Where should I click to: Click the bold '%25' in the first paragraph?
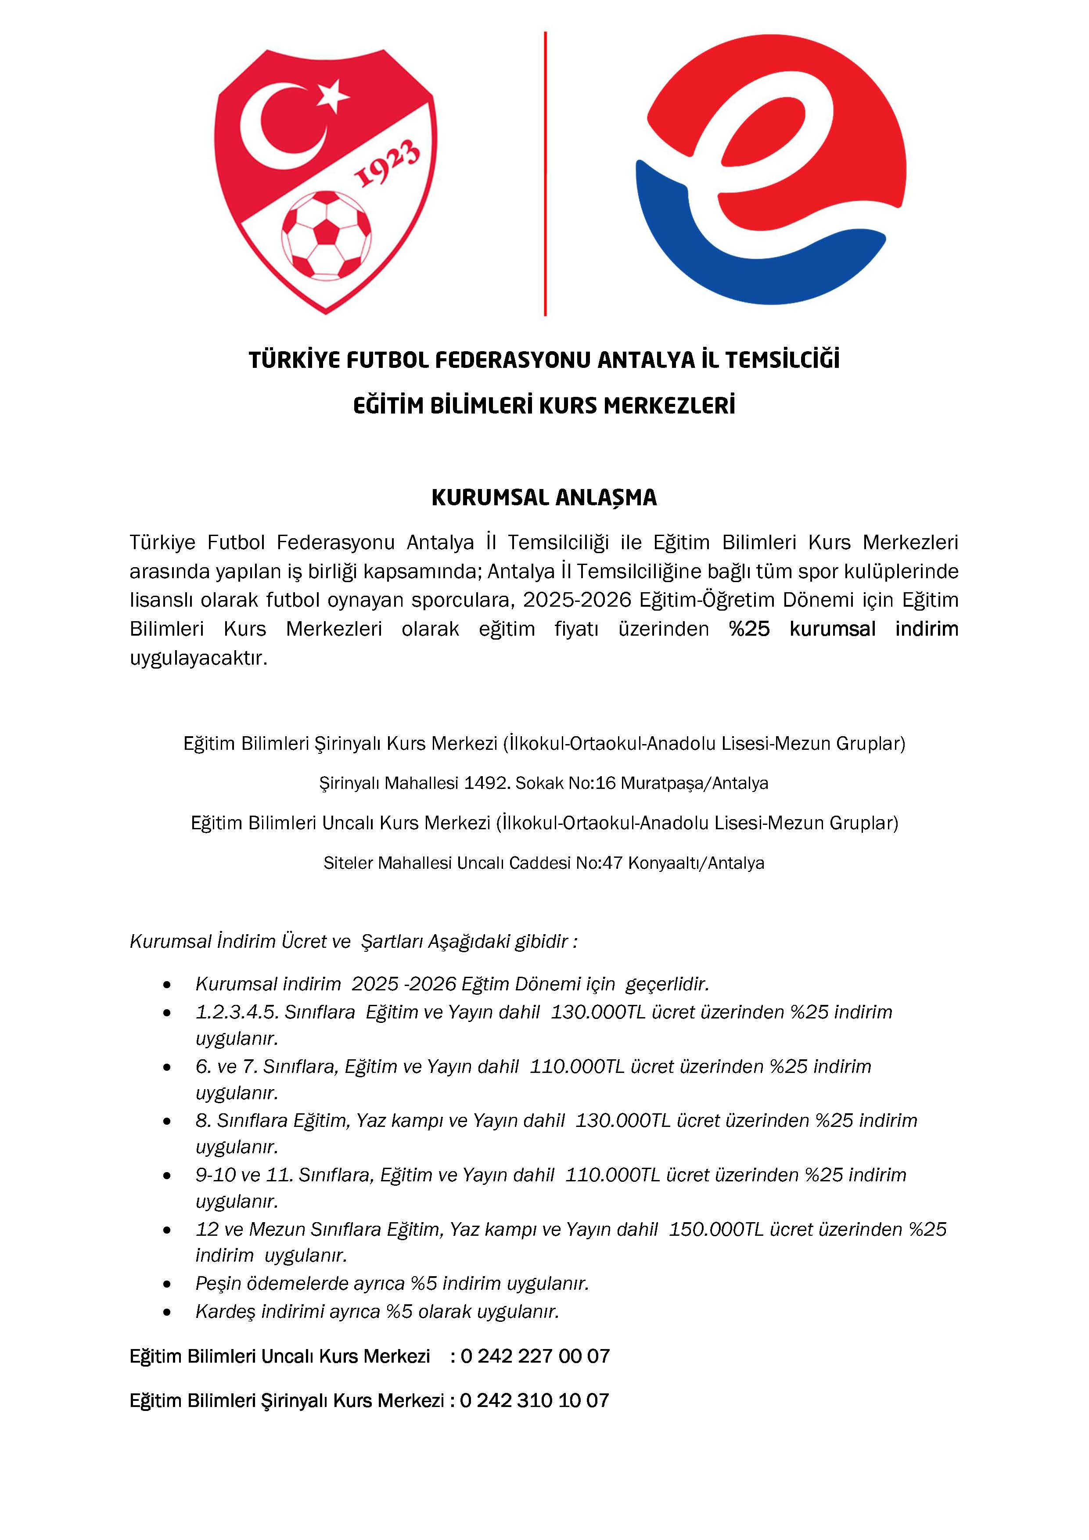[749, 629]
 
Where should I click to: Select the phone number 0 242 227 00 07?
[535, 1356]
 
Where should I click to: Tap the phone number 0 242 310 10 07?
[535, 1400]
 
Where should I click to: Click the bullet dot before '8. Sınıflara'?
[167, 1122]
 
